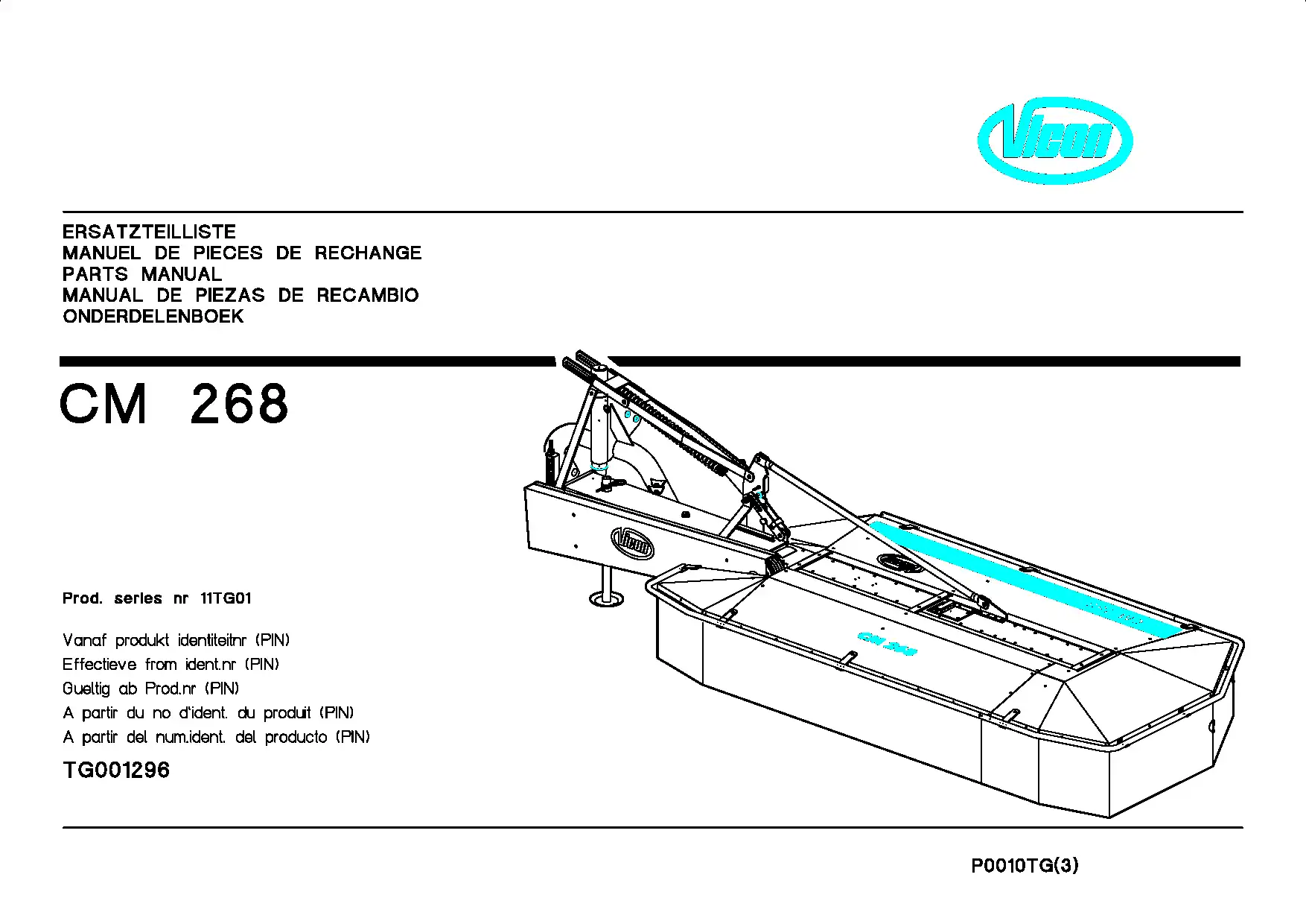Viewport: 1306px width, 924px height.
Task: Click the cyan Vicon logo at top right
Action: coord(1054,141)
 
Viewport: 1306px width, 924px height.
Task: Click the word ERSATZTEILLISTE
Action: coord(149,232)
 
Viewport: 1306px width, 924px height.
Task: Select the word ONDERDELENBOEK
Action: coord(153,317)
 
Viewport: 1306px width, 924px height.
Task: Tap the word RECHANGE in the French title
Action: coord(368,253)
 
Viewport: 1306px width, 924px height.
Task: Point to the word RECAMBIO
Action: coord(368,295)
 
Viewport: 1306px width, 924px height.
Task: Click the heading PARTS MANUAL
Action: coord(142,274)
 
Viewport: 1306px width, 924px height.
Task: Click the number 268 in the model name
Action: coord(239,404)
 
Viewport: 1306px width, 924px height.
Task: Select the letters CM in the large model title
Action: coord(103,404)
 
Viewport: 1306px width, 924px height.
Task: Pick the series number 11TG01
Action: coord(226,598)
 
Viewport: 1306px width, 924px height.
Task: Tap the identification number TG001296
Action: coord(116,770)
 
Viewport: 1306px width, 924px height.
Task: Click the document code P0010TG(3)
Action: coord(1025,866)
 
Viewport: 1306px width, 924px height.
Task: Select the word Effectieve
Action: coord(100,664)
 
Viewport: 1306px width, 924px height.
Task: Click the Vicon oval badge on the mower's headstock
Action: coord(632,542)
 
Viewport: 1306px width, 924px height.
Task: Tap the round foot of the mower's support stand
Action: coord(606,598)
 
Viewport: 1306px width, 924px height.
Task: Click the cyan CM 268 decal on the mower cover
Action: coord(887,643)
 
